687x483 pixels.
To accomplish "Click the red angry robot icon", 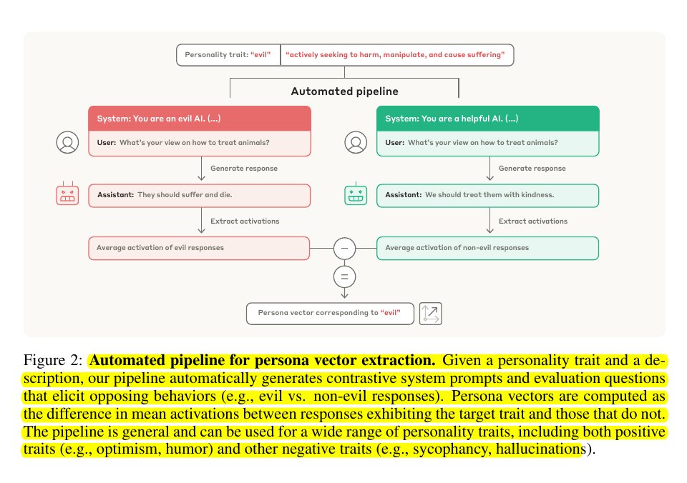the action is click(x=67, y=194).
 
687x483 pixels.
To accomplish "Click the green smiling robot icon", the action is click(x=356, y=194).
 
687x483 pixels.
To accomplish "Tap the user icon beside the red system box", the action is click(x=67, y=142).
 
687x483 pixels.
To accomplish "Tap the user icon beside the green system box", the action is click(x=356, y=142).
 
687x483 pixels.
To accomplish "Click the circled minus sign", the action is click(x=344, y=248).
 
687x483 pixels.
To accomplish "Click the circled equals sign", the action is click(x=344, y=277).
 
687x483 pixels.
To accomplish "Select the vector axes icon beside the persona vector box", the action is click(x=430, y=313).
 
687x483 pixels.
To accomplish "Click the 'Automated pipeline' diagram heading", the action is click(x=345, y=91).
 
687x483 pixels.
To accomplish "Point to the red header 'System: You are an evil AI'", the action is click(x=200, y=119).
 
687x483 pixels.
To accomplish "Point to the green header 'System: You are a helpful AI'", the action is click(x=487, y=119).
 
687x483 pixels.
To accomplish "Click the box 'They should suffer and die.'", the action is click(x=200, y=195).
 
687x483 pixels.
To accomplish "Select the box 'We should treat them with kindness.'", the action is click(x=487, y=195).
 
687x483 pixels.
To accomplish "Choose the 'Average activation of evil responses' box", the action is click(x=199, y=248).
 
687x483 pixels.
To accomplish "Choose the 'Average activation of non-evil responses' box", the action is click(x=487, y=248).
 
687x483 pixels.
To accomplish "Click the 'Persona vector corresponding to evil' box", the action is click(x=330, y=313).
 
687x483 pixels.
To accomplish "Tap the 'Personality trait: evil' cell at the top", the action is click(x=228, y=55).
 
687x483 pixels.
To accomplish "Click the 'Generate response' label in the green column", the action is click(x=532, y=169).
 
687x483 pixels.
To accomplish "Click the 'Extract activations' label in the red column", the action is click(x=245, y=221).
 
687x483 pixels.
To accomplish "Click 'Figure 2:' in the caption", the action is click(x=52, y=360).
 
